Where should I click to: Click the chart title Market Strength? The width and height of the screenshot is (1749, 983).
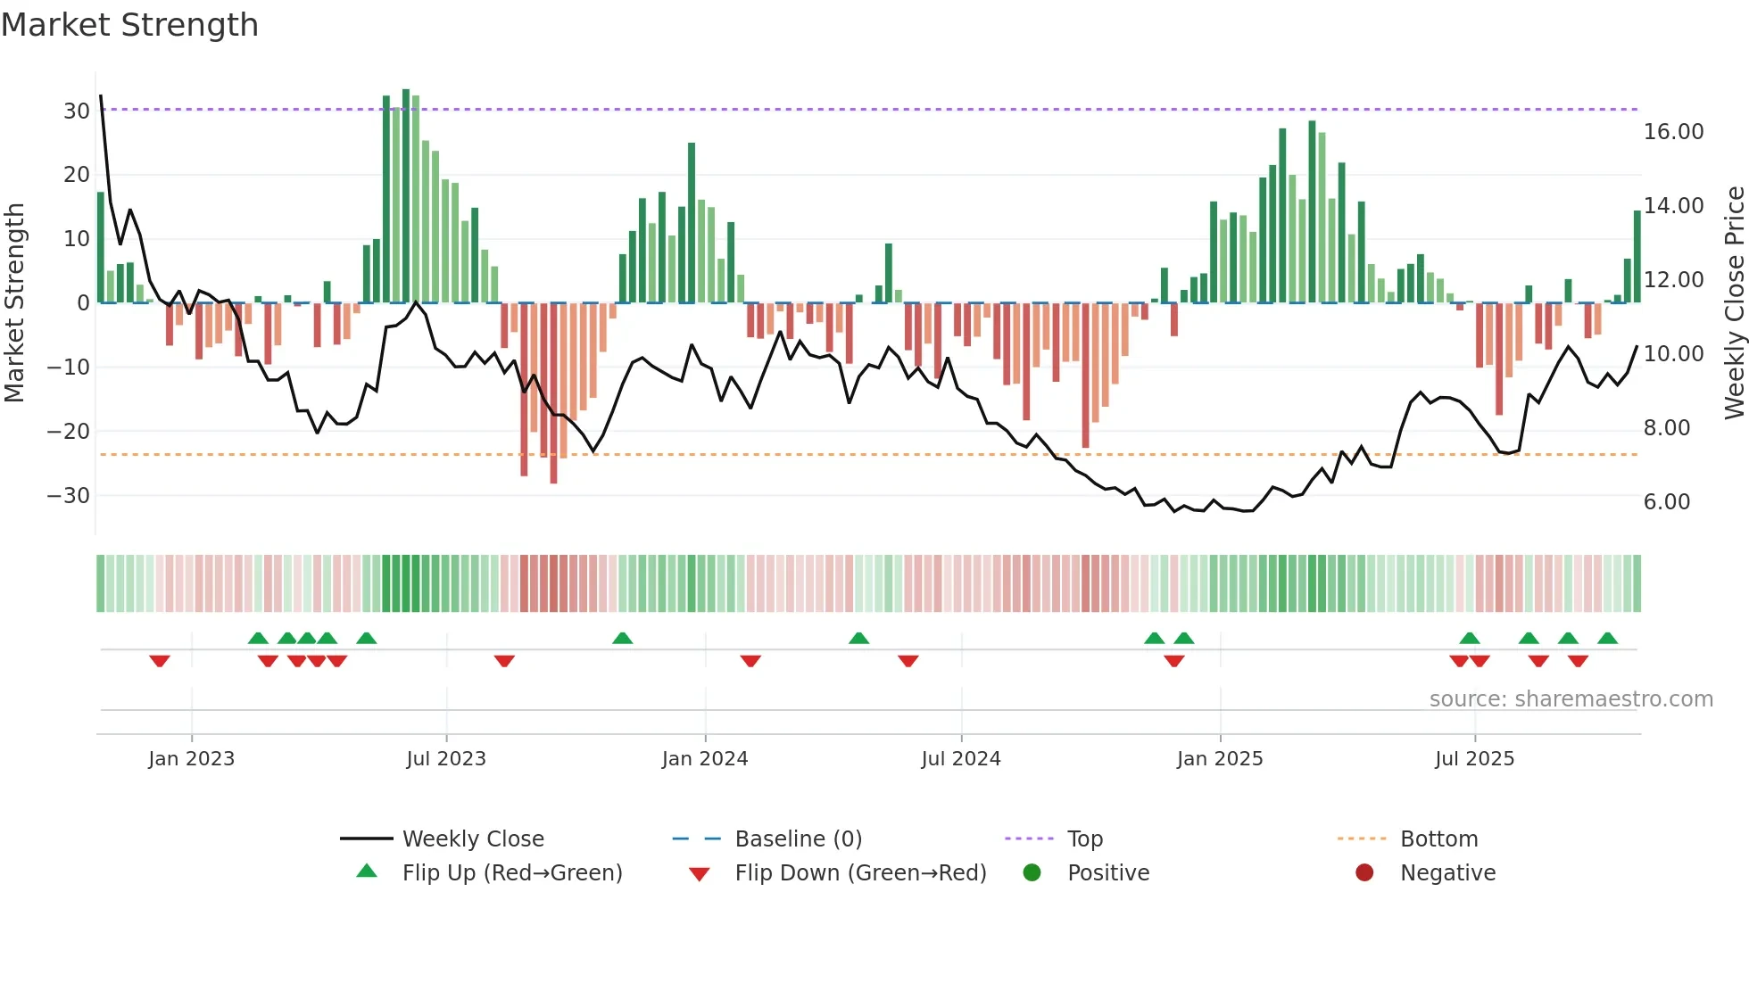pos(129,25)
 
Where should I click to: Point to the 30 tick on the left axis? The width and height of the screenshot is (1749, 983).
pos(76,112)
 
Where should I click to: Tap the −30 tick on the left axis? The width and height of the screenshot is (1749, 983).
pos(69,496)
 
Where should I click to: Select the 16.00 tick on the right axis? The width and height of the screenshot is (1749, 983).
pos(1673,132)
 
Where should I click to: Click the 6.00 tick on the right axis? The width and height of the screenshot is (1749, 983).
pos(1666,502)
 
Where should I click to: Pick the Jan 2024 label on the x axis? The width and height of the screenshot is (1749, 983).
pos(704,759)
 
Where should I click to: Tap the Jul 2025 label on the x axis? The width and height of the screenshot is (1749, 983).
pos(1474,759)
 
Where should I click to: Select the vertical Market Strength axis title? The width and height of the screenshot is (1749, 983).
pos(14,303)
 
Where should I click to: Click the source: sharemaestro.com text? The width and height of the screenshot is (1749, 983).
pos(1571,699)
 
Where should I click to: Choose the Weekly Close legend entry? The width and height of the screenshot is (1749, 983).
pos(472,839)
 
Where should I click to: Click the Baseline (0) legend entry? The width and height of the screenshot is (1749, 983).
pos(798,839)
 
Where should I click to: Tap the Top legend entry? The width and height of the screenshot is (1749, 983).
pos(1084,839)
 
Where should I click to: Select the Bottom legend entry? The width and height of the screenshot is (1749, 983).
pos(1438,839)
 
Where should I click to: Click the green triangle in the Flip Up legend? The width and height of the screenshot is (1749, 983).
pos(367,871)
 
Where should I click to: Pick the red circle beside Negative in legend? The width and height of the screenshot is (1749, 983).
pos(1364,873)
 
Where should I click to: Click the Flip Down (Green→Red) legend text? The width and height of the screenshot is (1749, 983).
pos(860,873)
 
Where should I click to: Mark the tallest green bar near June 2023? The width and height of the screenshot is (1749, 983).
pos(406,196)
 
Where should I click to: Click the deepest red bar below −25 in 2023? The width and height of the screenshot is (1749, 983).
pos(553,392)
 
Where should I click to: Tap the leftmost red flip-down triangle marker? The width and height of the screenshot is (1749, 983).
pos(160,661)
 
